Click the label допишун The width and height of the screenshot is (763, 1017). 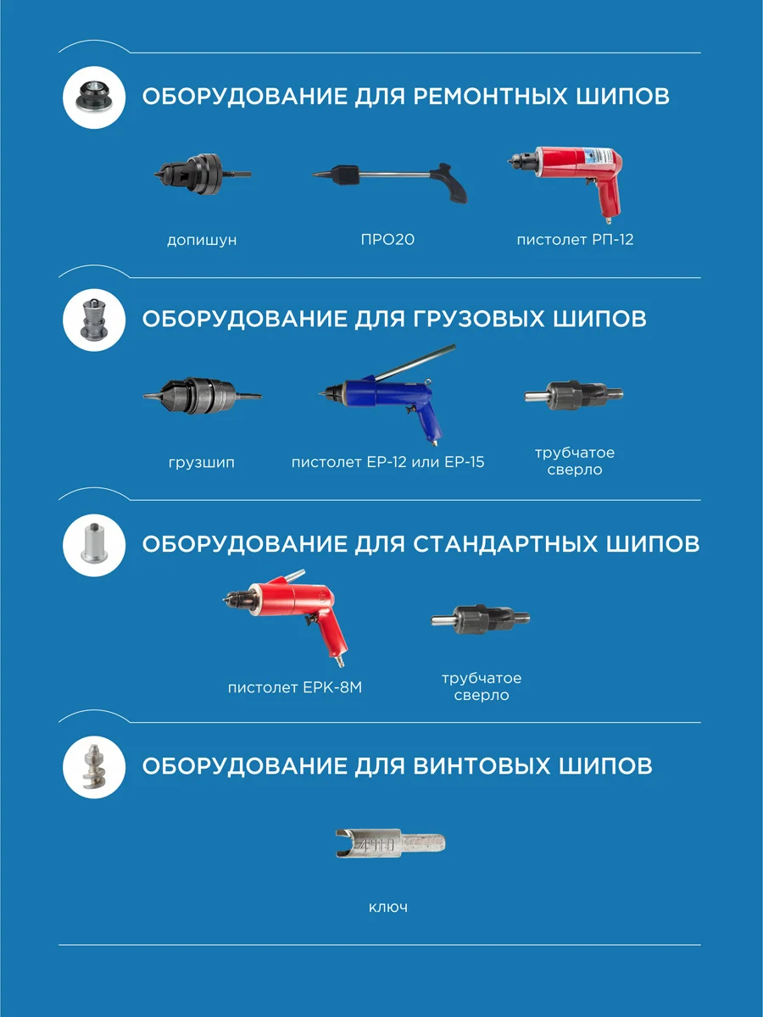[202, 240]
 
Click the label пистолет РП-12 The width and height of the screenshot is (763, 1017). [575, 240]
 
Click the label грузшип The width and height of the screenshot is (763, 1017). [202, 463]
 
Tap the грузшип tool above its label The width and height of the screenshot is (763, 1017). [202, 395]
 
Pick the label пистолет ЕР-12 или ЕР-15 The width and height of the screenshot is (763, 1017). [387, 463]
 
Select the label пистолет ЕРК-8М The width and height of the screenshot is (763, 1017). [294, 687]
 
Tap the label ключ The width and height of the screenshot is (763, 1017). [388, 907]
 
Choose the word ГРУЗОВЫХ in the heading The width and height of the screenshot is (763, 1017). [477, 319]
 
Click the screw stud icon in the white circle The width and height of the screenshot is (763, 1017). [94, 766]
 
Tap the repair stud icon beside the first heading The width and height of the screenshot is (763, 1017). [94, 96]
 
